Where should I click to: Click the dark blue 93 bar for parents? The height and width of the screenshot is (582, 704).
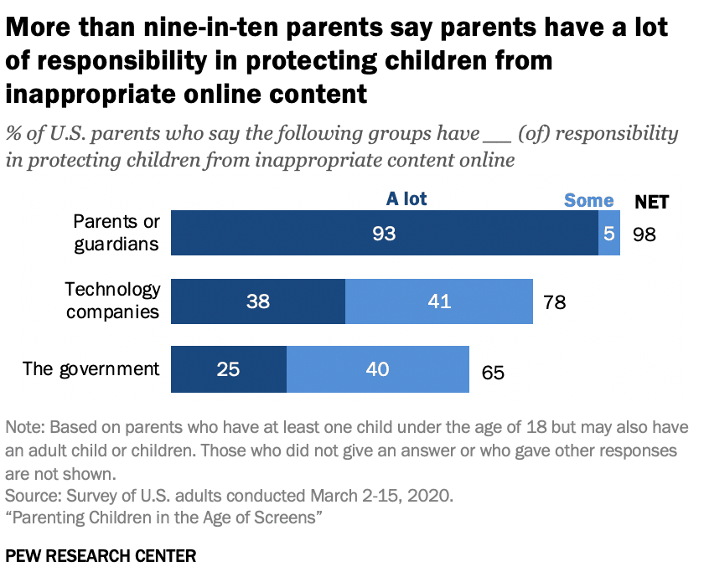(385, 233)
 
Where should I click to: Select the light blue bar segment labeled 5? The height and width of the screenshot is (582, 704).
(609, 233)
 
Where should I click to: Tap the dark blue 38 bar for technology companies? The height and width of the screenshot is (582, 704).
(258, 301)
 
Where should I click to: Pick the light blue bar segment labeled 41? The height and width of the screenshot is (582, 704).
(439, 301)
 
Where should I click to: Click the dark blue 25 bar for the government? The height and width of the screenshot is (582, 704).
(229, 369)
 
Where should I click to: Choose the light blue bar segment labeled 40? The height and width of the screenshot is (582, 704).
(378, 369)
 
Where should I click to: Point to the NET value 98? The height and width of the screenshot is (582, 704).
(644, 234)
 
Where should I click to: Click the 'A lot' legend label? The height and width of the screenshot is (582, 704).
(406, 199)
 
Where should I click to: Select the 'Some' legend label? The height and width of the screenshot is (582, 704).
(588, 200)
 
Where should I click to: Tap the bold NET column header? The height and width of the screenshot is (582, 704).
(651, 201)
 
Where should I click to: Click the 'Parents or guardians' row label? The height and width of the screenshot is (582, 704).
(116, 232)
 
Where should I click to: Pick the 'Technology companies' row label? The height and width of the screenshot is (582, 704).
(113, 301)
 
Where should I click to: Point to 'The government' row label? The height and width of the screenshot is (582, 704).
(91, 368)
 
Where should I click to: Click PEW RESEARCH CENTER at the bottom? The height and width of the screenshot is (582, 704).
(101, 556)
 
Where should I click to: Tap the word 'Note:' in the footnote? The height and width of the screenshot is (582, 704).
(28, 427)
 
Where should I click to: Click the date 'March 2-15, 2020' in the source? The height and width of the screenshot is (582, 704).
(386, 495)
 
